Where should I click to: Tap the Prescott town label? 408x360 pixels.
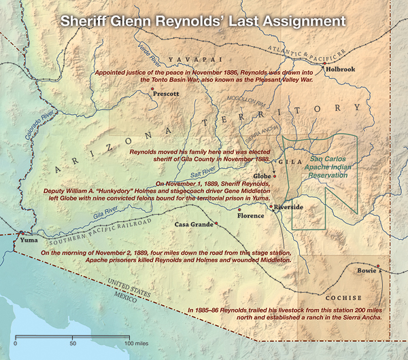(x=166, y=94)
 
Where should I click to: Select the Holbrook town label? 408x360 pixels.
(x=341, y=69)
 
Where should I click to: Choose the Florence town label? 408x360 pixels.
(x=249, y=217)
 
